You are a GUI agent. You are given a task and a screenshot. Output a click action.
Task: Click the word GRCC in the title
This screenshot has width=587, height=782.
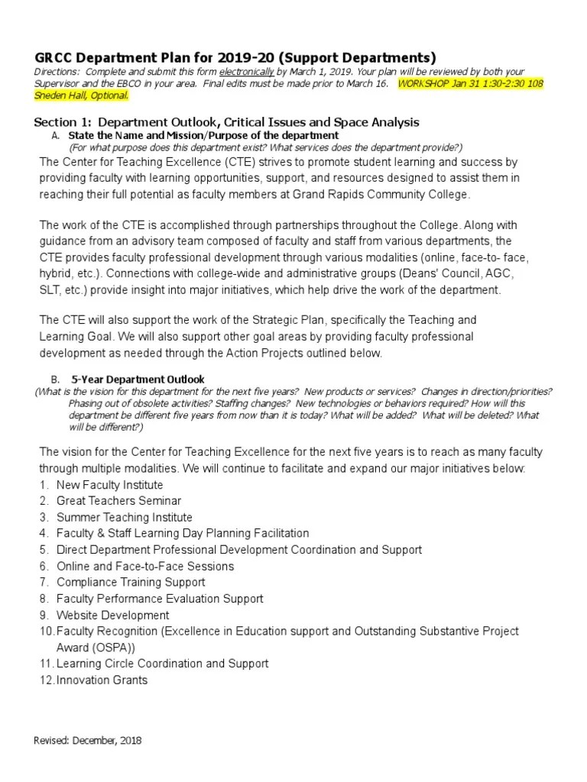[52, 58]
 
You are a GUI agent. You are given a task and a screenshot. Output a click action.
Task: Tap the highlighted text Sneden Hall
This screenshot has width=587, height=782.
[65, 95]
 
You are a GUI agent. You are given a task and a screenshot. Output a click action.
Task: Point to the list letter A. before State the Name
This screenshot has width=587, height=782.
[56, 135]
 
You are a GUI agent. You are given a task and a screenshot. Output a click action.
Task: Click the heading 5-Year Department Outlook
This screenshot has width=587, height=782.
[138, 379]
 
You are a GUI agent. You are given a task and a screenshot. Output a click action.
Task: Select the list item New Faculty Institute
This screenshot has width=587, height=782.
[109, 485]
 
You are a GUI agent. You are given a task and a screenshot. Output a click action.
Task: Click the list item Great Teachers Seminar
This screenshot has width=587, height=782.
[118, 501]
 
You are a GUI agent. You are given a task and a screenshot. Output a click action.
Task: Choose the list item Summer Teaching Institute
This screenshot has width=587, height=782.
[124, 517]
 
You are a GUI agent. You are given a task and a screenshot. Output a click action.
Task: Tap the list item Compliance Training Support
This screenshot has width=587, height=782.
[131, 583]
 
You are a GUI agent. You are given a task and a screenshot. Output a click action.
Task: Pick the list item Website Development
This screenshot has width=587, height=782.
[112, 615]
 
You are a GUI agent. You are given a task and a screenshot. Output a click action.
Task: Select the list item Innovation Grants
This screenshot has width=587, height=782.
[102, 680]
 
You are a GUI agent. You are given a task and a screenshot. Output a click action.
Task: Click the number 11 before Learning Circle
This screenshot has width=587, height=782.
[44, 664]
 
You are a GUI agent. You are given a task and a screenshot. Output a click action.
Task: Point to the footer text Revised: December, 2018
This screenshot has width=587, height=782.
[88, 741]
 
